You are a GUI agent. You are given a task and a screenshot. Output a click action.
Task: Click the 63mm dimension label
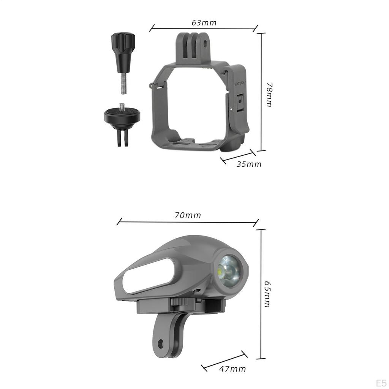point(204,22)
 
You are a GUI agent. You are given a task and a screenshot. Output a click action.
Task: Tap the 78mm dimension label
point(269,95)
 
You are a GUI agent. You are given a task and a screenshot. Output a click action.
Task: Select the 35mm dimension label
point(249,164)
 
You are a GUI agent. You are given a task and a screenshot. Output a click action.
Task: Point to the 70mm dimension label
point(188,215)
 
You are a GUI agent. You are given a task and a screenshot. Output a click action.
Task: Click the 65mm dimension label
point(267,294)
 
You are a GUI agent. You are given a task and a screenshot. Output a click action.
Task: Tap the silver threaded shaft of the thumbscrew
point(123,84)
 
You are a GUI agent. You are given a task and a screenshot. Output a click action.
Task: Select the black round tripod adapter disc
point(122,115)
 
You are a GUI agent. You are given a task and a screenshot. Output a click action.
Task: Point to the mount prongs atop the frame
point(194,46)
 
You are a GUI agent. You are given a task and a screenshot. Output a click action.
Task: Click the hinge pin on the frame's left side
point(152,86)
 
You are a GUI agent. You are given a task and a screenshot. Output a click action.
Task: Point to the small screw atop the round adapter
point(122,105)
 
